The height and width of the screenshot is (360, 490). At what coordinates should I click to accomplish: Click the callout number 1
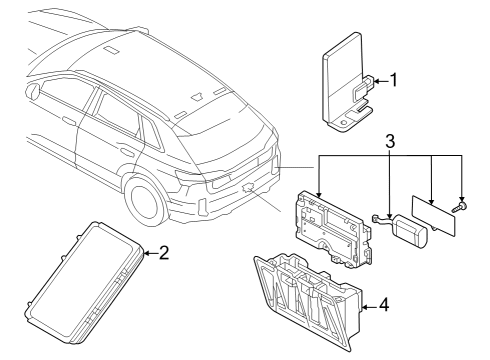click(x=394, y=80)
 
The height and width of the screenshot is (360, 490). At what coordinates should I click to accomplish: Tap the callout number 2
click(x=164, y=253)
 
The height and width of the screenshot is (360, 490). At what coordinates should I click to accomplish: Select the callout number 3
click(x=390, y=141)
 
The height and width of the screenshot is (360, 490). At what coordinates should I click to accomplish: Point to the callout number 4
click(x=384, y=305)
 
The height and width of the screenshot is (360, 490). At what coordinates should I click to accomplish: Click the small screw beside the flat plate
click(x=460, y=207)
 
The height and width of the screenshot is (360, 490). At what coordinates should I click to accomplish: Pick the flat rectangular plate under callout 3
click(x=433, y=216)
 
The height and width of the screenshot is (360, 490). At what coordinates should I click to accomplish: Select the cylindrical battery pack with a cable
click(x=404, y=230)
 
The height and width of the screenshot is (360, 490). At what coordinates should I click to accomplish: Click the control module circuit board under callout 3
click(x=333, y=228)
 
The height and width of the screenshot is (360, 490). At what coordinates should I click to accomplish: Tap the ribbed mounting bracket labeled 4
click(x=308, y=298)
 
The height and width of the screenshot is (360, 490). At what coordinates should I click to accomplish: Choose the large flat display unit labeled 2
click(x=85, y=283)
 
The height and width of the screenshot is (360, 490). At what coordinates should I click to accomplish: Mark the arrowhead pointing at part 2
click(x=147, y=253)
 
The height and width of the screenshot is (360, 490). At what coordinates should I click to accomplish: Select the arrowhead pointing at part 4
click(x=365, y=307)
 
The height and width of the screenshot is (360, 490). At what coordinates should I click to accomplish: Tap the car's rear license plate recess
click(x=220, y=182)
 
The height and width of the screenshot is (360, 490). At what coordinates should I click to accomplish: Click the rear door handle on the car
click(x=127, y=152)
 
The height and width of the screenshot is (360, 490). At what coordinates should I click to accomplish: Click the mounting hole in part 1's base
click(x=344, y=123)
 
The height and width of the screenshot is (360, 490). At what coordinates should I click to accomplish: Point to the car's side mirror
click(x=34, y=91)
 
